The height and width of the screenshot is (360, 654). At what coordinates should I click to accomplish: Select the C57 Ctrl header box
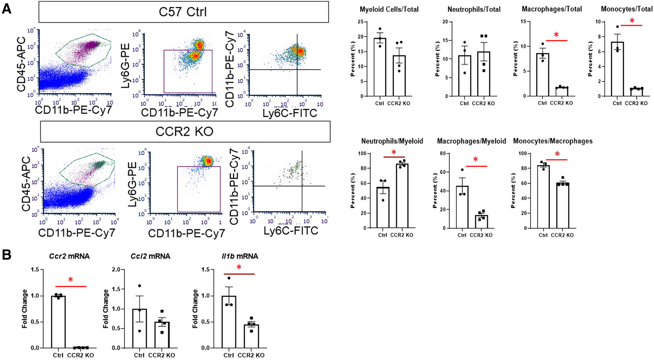click(183, 12)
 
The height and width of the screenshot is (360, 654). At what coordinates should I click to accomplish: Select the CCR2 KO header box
click(185, 132)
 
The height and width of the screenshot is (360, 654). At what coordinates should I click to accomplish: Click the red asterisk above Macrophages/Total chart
click(556, 35)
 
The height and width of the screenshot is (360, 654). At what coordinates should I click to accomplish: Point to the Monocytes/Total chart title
click(626, 9)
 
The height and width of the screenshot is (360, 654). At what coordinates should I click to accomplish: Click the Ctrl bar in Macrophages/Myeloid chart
click(462, 207)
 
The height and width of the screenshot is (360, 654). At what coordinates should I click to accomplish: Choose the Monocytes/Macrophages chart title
click(553, 141)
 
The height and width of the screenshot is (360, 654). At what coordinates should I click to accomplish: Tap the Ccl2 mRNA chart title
click(150, 256)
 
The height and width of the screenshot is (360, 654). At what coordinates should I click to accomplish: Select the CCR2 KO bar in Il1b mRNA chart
click(251, 336)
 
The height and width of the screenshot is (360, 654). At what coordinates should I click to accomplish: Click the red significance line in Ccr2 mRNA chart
click(71, 287)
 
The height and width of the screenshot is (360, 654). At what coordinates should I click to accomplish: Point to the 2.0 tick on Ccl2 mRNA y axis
click(116, 270)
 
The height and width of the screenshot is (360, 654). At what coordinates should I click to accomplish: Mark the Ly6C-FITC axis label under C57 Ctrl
click(290, 113)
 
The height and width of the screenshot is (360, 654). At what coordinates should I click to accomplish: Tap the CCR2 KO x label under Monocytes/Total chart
click(636, 103)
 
